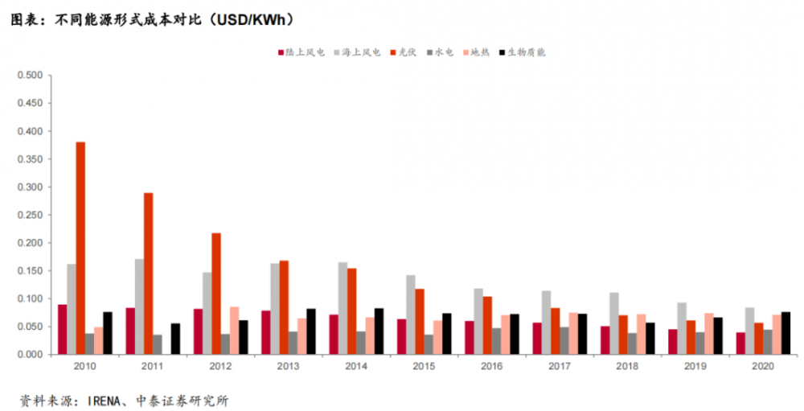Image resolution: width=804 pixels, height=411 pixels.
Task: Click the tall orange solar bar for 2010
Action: tap(80, 249)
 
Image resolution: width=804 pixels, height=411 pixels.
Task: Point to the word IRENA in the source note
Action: tap(108, 400)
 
